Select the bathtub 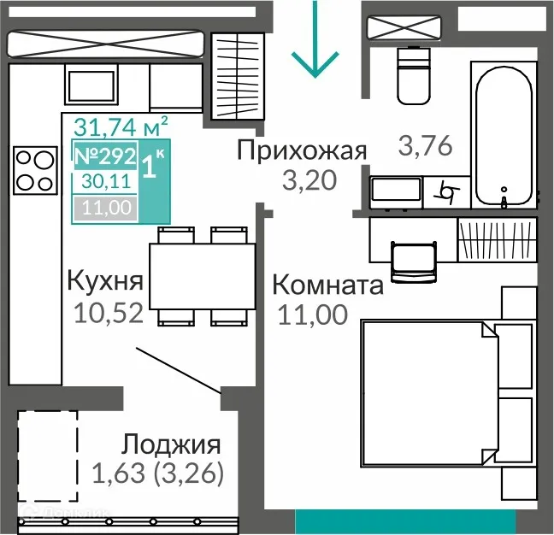pyautogui.click(x=505, y=135)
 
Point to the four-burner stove pyautogui.click(x=34, y=169)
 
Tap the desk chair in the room pyautogui.click(x=413, y=260)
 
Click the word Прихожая pyautogui.click(x=302, y=151)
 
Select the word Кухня pyautogui.click(x=104, y=281)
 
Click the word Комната pyautogui.click(x=327, y=285)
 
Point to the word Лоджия pyautogui.click(x=171, y=444)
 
